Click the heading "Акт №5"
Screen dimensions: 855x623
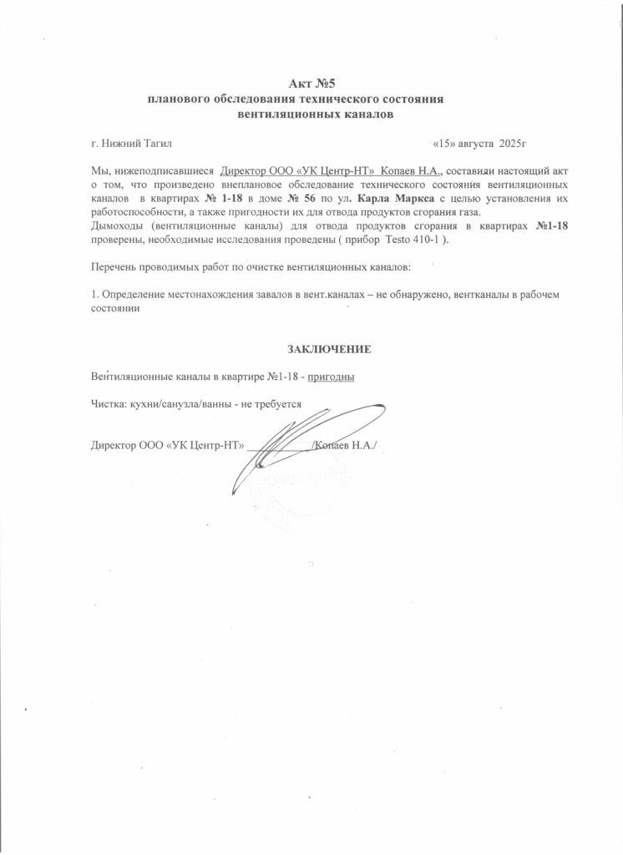[x=311, y=84]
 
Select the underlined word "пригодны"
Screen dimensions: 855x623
[x=332, y=376]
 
